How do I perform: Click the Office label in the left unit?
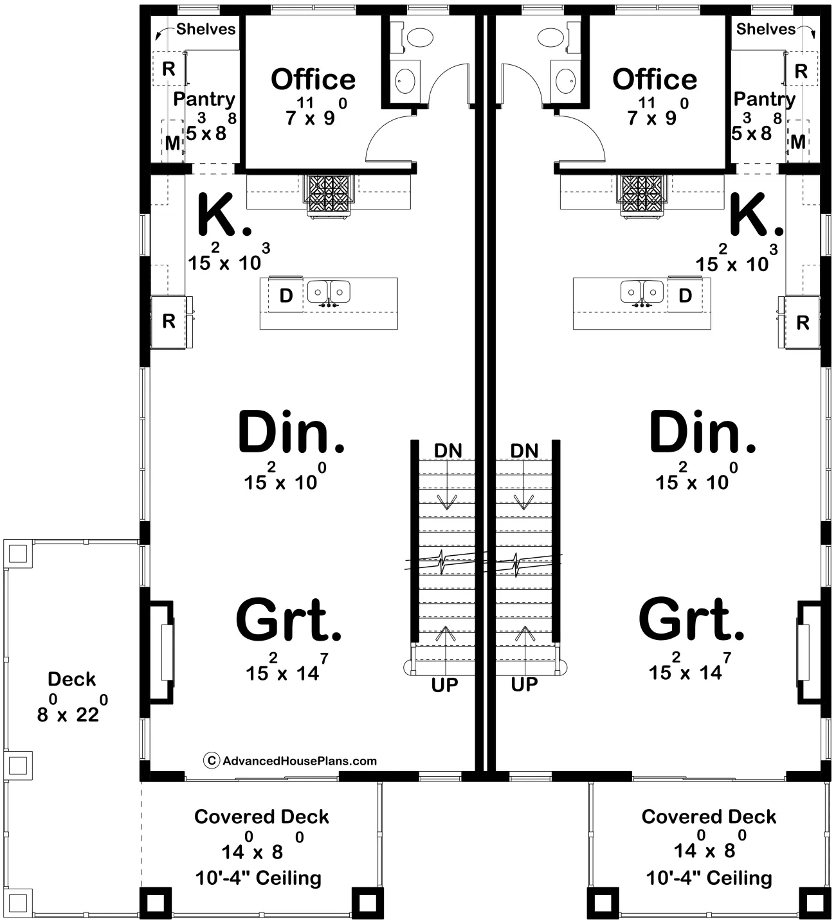pyautogui.click(x=313, y=80)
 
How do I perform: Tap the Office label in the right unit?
pyautogui.click(x=655, y=80)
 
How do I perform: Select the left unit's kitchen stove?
pyautogui.click(x=329, y=195)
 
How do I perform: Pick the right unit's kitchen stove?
pyautogui.click(x=642, y=195)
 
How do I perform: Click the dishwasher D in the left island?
pyautogui.click(x=286, y=296)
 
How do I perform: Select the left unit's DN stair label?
pyautogui.click(x=448, y=451)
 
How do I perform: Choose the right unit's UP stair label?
pyautogui.click(x=524, y=685)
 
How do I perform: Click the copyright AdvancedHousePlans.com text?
pyautogui.click(x=290, y=761)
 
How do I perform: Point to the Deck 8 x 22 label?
pyautogui.click(x=72, y=697)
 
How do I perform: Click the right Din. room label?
pyautogui.click(x=702, y=431)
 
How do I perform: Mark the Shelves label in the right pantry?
pyautogui.click(x=766, y=29)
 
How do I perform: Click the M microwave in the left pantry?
pyautogui.click(x=172, y=143)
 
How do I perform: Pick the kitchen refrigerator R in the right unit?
pyautogui.click(x=803, y=323)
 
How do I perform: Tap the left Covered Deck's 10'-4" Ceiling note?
pyautogui.click(x=259, y=878)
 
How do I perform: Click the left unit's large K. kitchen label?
pyautogui.click(x=224, y=215)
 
